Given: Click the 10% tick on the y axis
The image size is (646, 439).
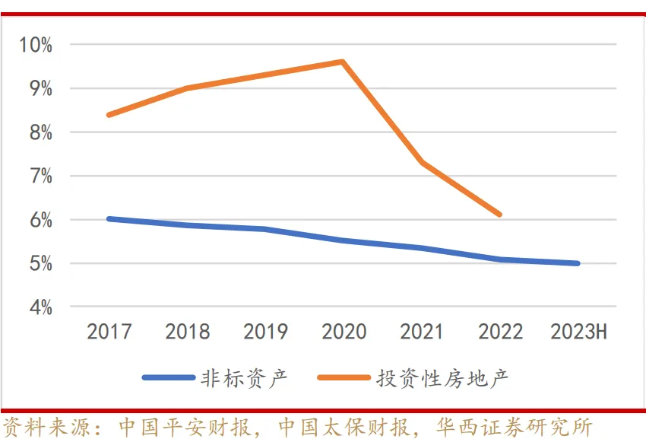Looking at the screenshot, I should [x=36, y=45].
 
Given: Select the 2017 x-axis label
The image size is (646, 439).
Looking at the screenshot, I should [x=109, y=332].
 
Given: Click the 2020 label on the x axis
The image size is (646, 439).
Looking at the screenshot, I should [x=344, y=332].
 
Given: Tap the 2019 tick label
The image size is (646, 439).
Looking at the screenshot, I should [x=265, y=332].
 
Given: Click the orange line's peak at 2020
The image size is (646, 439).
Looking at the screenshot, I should [x=343, y=62].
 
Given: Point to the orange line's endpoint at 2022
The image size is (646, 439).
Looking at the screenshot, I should [x=499, y=215].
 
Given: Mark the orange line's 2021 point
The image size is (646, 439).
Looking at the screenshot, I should [x=421, y=162].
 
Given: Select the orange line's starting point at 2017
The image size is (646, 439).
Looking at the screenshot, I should [x=109, y=115].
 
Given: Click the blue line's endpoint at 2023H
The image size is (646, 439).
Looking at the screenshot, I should [x=578, y=263].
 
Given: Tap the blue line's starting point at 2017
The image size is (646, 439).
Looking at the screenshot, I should [x=109, y=218].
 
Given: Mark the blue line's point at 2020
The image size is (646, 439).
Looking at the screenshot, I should [x=343, y=240].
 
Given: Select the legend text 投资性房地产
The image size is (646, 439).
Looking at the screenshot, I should [x=442, y=377].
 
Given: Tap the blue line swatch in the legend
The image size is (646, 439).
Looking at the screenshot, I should [x=166, y=377].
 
